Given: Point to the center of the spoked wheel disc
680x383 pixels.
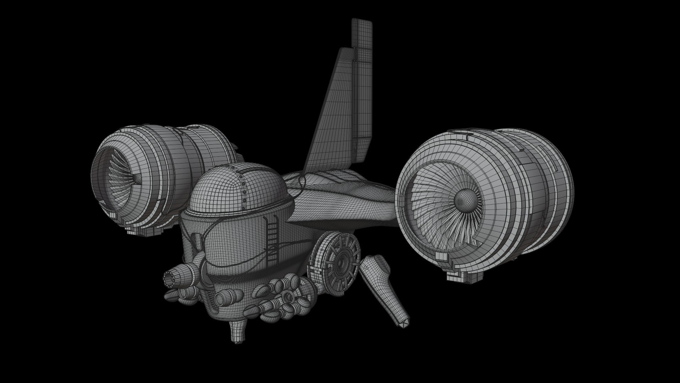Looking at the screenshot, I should tap(341, 262).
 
